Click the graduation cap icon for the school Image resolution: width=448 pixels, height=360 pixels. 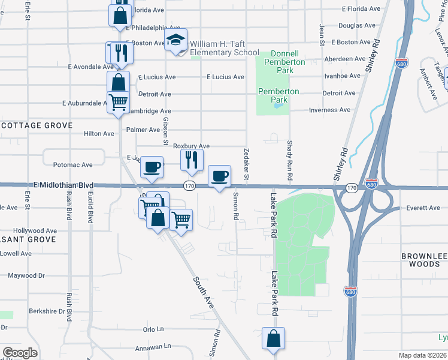click(x=176, y=40)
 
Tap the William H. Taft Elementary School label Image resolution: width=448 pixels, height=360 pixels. click(x=225, y=48)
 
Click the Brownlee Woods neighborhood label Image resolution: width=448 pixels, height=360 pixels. click(x=424, y=260)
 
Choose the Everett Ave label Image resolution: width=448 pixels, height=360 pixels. click(x=423, y=208)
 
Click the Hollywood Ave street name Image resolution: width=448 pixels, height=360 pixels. click(x=35, y=230)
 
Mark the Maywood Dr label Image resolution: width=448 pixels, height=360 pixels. click(x=26, y=276)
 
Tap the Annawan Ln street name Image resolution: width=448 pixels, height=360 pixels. click(x=153, y=346)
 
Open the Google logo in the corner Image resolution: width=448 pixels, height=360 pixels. click(x=20, y=353)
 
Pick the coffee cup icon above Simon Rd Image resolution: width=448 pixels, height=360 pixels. click(x=220, y=176)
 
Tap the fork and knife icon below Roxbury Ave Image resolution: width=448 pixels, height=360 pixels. click(x=192, y=160)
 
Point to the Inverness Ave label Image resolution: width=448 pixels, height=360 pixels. click(x=329, y=110)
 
